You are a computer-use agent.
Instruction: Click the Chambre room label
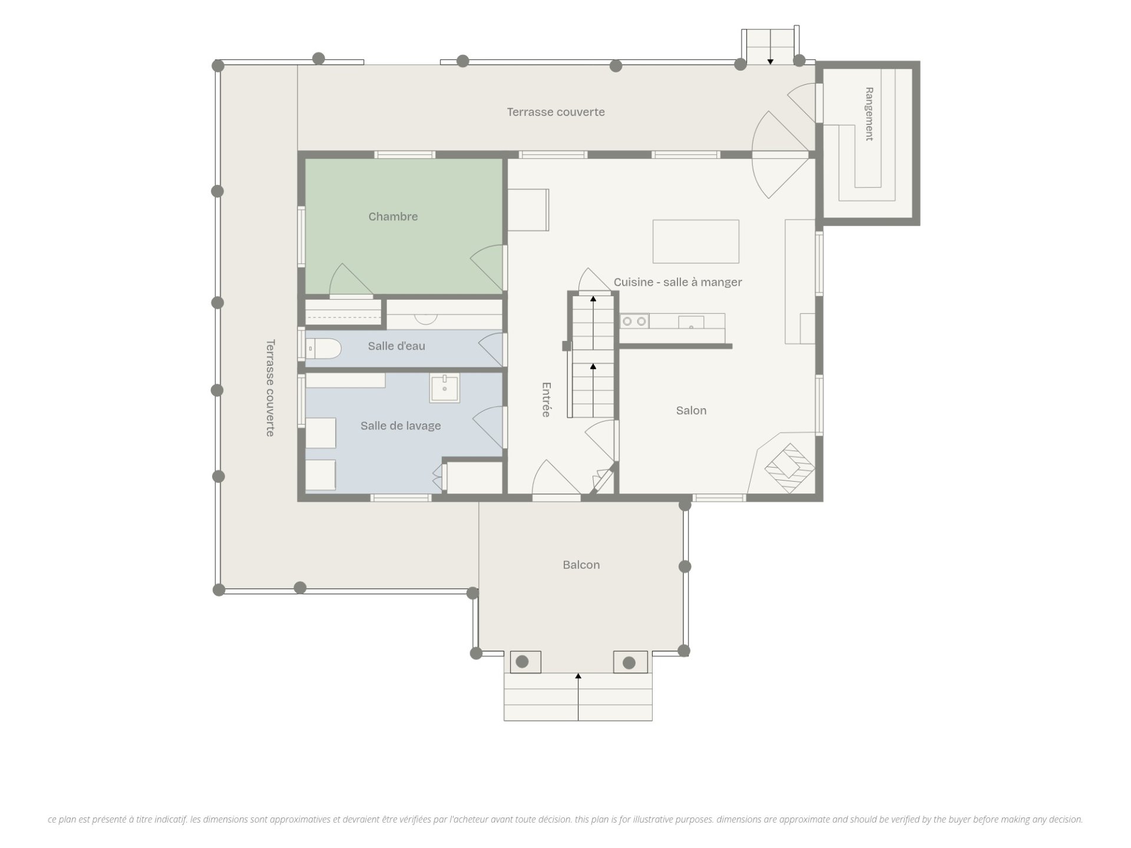(x=393, y=217)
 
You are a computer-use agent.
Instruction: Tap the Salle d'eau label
(x=396, y=346)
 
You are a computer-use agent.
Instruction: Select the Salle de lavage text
(x=401, y=426)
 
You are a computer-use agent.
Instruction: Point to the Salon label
(x=691, y=410)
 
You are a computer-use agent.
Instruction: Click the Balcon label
(x=581, y=565)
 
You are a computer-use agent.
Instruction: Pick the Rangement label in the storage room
(x=869, y=114)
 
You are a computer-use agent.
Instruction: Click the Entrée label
(x=546, y=400)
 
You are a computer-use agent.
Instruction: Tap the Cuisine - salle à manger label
(x=677, y=282)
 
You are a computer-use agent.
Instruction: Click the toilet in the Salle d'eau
(x=323, y=349)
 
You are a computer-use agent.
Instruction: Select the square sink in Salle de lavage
(x=445, y=387)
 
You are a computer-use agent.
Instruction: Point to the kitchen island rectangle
(x=696, y=241)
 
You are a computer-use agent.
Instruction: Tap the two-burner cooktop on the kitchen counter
(x=634, y=321)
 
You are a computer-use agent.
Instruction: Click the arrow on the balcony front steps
(x=578, y=697)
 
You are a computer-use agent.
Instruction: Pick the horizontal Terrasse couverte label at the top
(x=556, y=112)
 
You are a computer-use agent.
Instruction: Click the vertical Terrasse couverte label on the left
(x=270, y=387)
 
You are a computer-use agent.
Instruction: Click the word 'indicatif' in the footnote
(x=170, y=819)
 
